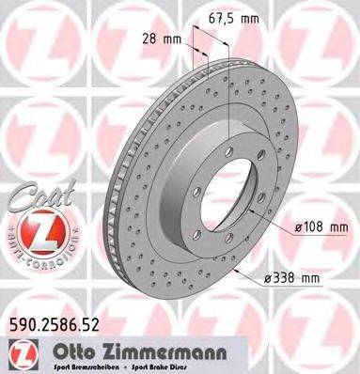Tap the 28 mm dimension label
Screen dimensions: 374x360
tap(173, 40)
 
